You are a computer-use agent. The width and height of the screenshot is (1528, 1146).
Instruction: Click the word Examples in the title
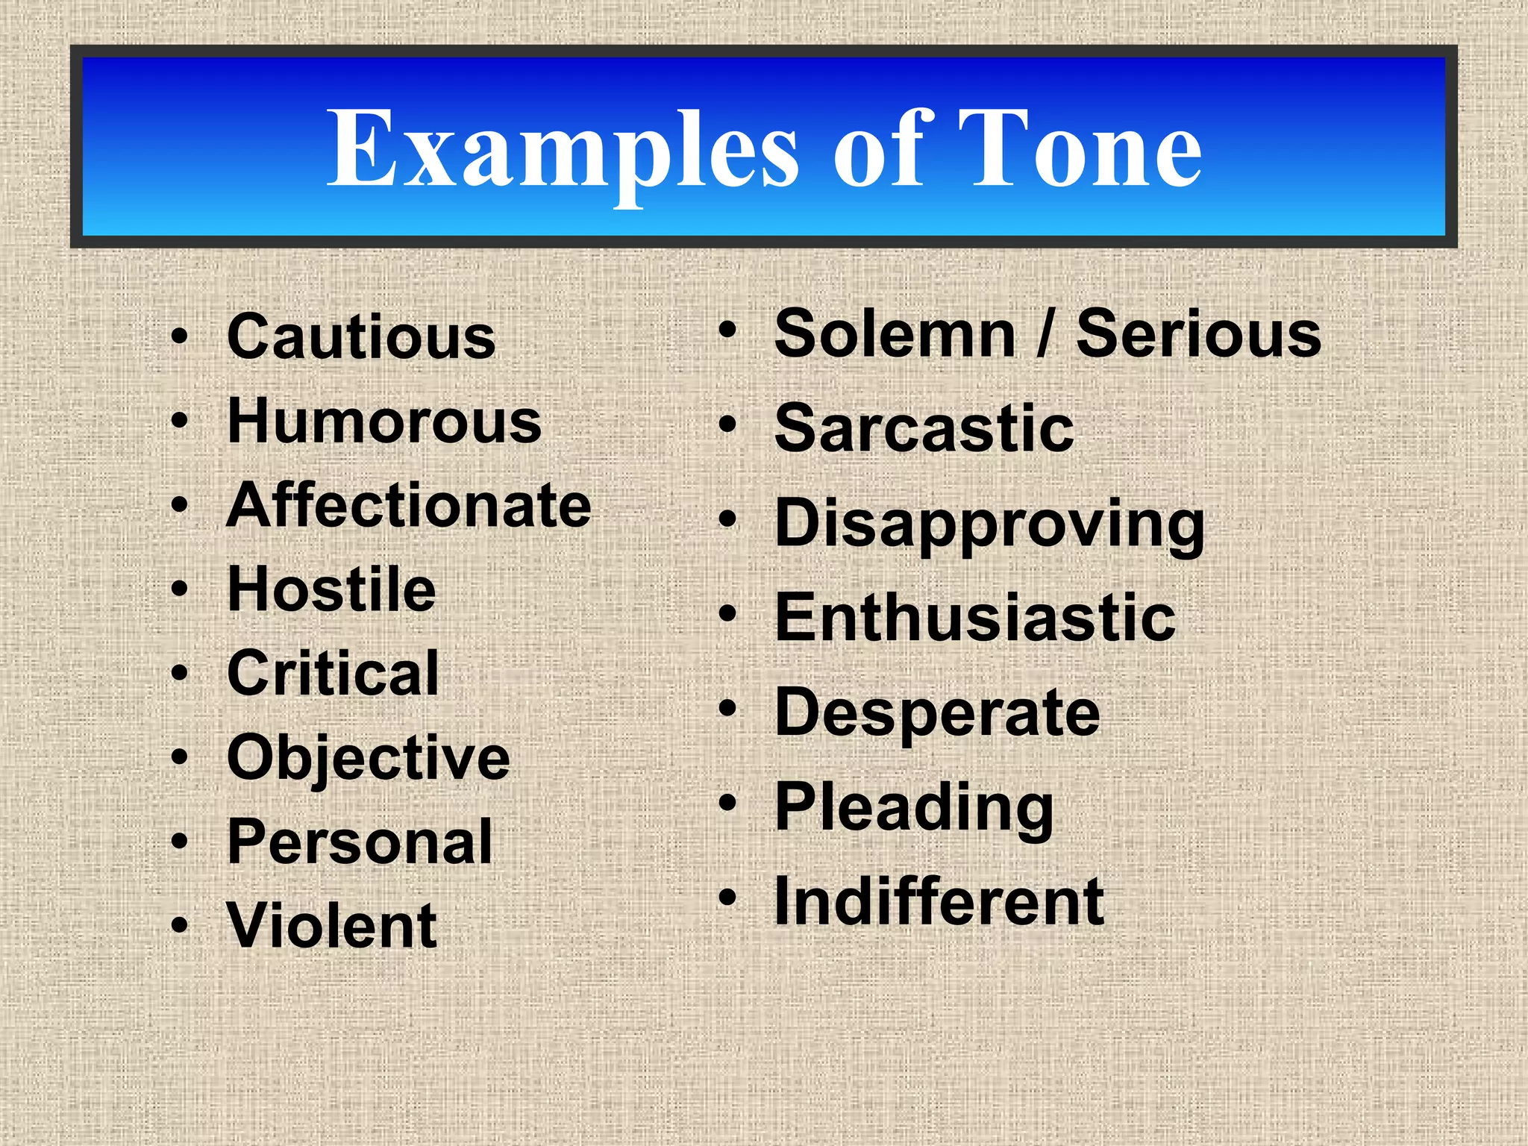(x=563, y=148)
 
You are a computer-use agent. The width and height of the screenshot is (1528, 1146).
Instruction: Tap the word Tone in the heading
(x=1079, y=148)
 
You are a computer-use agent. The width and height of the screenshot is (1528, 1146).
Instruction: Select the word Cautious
(x=361, y=337)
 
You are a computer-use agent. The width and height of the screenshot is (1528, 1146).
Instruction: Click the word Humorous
(x=384, y=422)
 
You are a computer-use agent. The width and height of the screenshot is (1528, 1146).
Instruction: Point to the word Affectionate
(x=409, y=506)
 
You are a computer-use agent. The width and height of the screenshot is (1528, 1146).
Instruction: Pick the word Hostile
(x=331, y=589)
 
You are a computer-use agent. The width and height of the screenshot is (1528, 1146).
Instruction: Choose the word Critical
(x=333, y=674)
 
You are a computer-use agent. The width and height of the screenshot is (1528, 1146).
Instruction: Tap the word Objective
(x=369, y=758)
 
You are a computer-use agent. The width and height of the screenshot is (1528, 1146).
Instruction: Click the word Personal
(x=360, y=842)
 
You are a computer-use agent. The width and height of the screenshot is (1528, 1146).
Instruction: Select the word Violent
(x=332, y=926)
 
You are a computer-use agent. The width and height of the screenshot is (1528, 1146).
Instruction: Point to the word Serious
(x=1198, y=334)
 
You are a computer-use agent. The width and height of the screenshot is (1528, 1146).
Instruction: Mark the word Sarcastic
(x=924, y=428)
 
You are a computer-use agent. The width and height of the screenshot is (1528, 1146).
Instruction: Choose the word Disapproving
(x=990, y=523)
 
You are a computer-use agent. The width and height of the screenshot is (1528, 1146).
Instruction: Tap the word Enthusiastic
(x=975, y=618)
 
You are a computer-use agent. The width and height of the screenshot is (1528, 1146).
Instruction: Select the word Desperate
(x=937, y=713)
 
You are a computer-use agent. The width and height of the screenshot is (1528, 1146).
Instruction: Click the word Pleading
(x=915, y=807)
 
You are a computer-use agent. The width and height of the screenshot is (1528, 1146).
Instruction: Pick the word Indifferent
(x=939, y=902)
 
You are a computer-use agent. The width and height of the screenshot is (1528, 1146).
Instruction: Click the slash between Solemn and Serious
(x=1045, y=334)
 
